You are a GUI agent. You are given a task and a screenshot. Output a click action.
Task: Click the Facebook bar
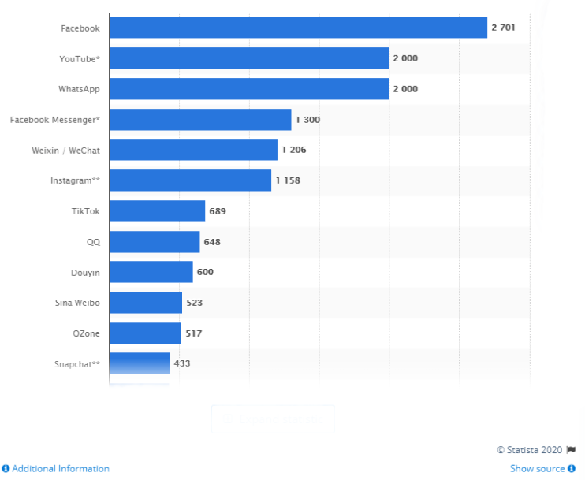coord(298,28)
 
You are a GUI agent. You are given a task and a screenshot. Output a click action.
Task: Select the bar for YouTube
coord(249,58)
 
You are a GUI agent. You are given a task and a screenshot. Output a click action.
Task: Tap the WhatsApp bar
coord(249,89)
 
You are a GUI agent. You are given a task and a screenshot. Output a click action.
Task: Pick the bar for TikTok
coord(157,211)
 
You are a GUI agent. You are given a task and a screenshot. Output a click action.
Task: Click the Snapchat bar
coord(140,363)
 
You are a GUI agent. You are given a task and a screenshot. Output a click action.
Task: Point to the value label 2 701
coord(503,28)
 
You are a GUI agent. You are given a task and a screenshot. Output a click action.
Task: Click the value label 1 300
coord(307,120)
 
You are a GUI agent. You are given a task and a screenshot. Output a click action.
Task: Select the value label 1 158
coord(288,180)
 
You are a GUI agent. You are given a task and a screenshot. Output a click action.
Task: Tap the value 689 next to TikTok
coord(218,211)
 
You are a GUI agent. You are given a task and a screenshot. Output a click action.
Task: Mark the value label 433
coord(182,363)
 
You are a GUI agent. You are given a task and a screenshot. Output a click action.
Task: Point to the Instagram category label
coord(75,180)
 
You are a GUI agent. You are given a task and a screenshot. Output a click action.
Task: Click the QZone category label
coord(85,333)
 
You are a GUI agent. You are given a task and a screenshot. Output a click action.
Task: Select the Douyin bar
coord(151,272)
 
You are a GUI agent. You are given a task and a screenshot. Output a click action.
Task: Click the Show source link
coord(538,468)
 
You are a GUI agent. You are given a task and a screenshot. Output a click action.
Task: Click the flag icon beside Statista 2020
coord(571,449)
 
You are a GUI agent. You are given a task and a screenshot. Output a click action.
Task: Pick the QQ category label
coord(93,241)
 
